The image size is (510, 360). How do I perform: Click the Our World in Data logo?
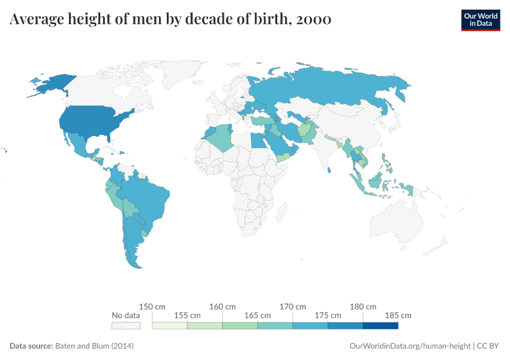(x=480, y=19)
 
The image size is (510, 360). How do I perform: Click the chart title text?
(x=170, y=20)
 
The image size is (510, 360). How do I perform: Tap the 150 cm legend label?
(x=152, y=307)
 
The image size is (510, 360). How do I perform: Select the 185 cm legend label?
(x=398, y=315)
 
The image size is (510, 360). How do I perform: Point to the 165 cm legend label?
(x=257, y=315)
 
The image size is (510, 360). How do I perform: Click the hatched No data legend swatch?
(x=126, y=325)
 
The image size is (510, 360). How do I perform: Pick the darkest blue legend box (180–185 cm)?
(x=380, y=325)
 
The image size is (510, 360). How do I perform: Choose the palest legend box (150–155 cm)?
(x=170, y=325)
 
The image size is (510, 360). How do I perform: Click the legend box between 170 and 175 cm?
(x=310, y=325)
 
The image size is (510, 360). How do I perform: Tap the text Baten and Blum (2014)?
(x=94, y=346)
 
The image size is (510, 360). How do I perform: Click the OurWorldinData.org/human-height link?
(x=410, y=346)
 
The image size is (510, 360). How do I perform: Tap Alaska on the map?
(x=51, y=85)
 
